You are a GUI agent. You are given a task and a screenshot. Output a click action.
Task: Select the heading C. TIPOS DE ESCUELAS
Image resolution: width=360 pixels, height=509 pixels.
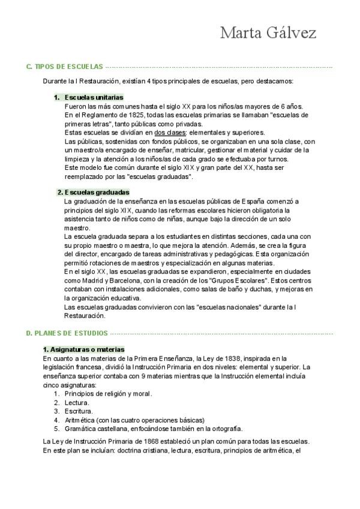(x=65, y=67)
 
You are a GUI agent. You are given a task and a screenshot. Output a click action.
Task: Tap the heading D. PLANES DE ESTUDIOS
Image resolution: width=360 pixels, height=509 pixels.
(x=67, y=333)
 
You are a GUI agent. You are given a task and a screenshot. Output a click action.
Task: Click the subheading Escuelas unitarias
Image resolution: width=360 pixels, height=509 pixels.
(x=93, y=97)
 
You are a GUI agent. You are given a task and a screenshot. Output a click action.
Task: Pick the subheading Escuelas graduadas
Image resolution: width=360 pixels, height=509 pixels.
(x=92, y=192)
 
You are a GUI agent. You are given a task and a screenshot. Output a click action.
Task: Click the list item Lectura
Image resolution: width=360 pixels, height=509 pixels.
(x=76, y=403)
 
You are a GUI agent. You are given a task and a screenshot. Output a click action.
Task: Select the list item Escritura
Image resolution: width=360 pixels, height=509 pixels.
(x=78, y=411)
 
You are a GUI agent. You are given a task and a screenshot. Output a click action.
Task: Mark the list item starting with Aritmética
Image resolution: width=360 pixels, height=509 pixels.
(x=134, y=420)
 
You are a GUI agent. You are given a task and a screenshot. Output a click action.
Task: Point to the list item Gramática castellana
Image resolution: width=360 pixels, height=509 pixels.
(x=153, y=429)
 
